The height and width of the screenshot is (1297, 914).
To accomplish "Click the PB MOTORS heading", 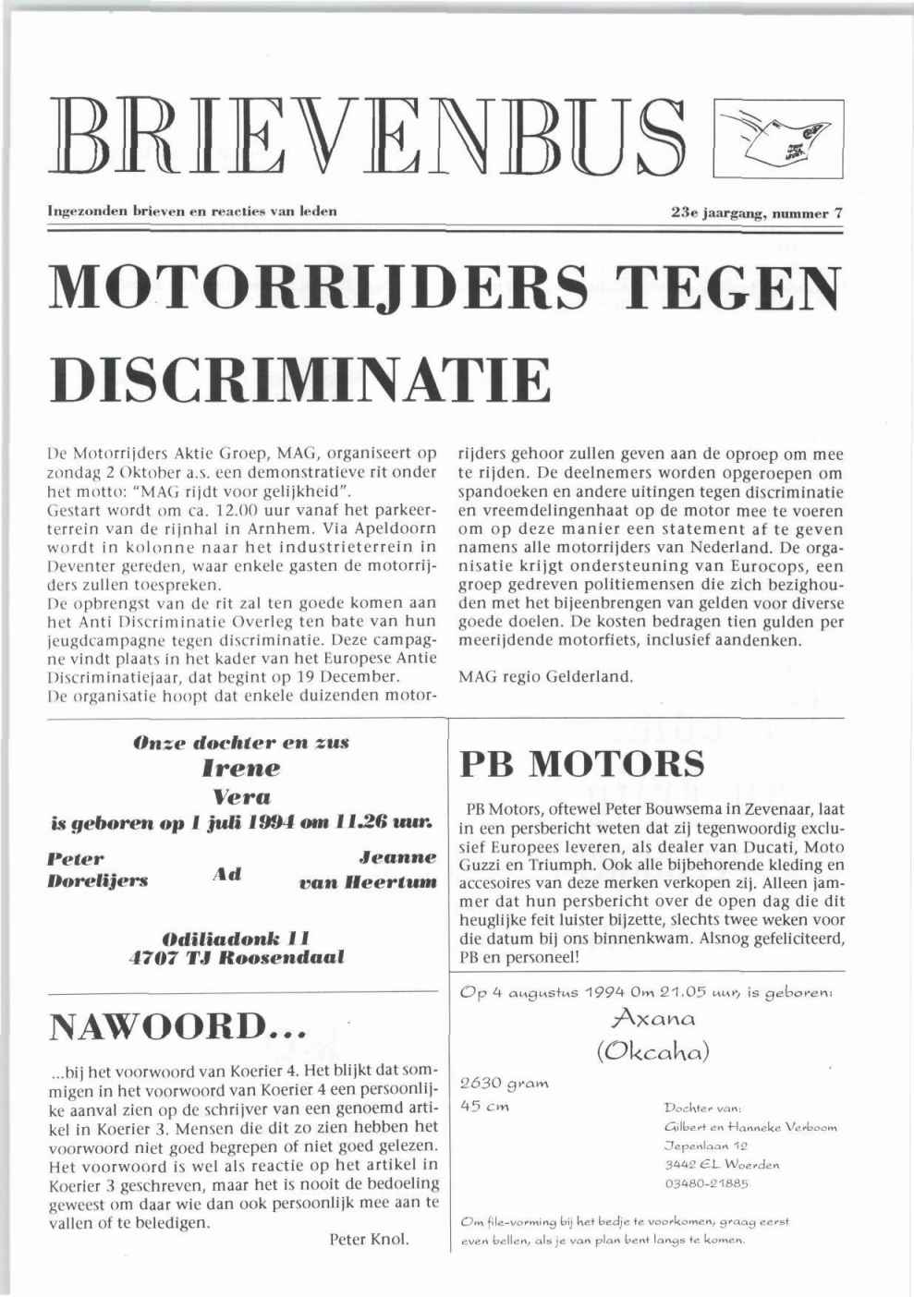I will (581, 764).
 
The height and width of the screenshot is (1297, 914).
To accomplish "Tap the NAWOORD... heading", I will (177, 1025).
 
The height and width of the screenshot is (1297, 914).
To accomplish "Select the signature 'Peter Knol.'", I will (369, 1239).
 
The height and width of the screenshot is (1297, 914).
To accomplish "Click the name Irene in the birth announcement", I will (239, 768).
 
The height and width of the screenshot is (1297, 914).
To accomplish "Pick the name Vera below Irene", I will (240, 795).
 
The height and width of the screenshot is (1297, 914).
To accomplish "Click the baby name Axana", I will (645, 1018).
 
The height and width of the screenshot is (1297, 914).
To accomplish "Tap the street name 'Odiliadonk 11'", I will (238, 934).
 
